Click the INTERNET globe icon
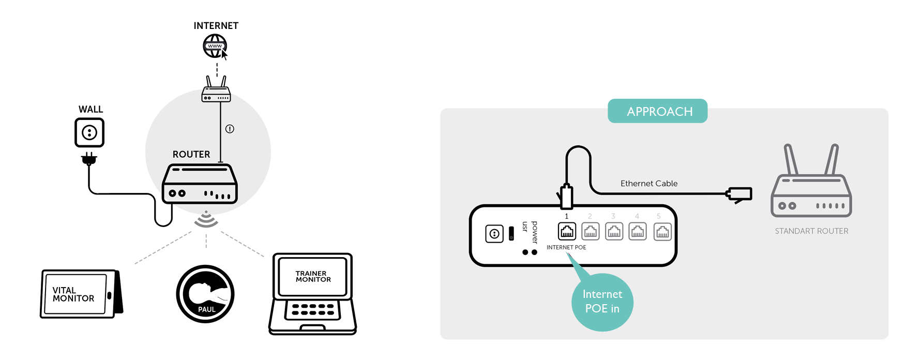(x=215, y=46)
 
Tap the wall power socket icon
(x=89, y=132)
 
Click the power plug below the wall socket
(x=89, y=159)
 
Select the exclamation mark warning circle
(x=230, y=129)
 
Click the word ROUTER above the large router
(x=191, y=154)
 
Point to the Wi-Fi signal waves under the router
(x=206, y=220)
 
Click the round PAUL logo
(x=205, y=294)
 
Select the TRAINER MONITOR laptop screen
(x=313, y=276)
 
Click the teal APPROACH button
(x=657, y=111)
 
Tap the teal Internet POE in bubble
(x=602, y=302)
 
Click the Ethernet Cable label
(x=649, y=184)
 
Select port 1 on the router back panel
(x=567, y=231)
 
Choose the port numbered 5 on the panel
(x=662, y=231)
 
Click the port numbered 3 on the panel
(x=614, y=231)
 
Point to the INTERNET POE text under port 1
(x=566, y=247)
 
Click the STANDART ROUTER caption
(x=811, y=231)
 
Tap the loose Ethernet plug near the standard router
(x=739, y=194)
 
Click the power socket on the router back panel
(x=494, y=234)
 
